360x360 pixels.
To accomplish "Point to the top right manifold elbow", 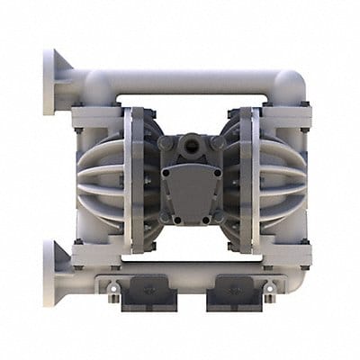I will (x=291, y=88).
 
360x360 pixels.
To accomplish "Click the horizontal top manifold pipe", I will (x=193, y=82).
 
